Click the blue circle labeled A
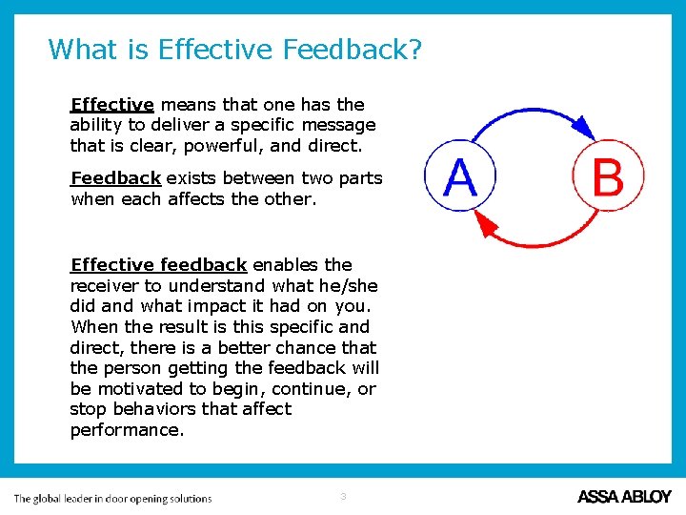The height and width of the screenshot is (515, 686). pos(460,177)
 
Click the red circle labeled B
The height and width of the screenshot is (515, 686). pos(608,177)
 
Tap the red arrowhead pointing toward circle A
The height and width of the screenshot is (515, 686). pos(487,225)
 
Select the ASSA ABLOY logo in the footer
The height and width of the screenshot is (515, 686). pos(624,497)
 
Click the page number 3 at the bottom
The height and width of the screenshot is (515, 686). pos(343,496)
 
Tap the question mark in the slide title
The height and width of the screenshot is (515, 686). pos(413,49)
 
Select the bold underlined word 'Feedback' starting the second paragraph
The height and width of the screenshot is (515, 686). pos(115,178)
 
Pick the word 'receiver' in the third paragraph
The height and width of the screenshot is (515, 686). pos(103,286)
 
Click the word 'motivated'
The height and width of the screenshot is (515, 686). pos(139,389)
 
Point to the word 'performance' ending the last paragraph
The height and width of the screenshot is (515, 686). pos(127,430)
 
